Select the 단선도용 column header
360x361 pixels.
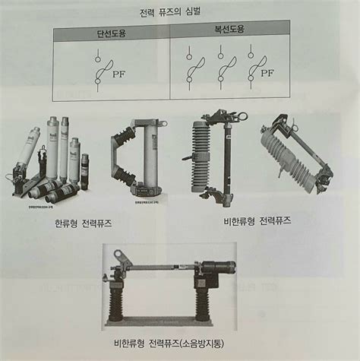pyautogui.click(x=112, y=33)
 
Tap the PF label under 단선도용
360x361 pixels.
pyautogui.click(x=118, y=74)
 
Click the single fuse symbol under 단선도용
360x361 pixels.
pyautogui.click(x=99, y=70)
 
